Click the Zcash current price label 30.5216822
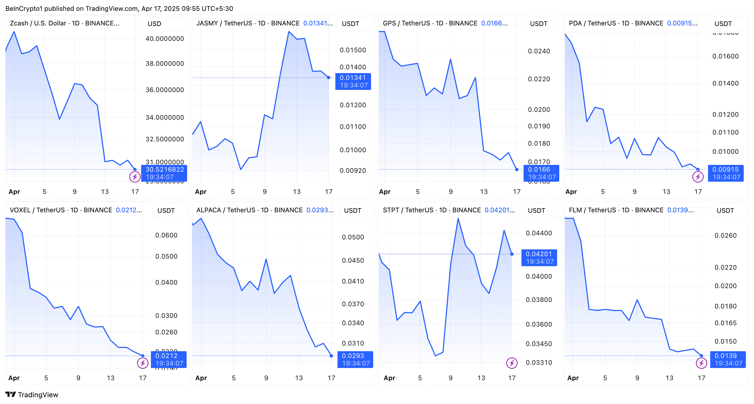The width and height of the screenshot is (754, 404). [164, 170]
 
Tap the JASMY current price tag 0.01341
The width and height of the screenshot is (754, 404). [353, 78]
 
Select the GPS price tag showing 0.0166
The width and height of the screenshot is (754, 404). [539, 170]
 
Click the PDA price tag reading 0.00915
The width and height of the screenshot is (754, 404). [725, 170]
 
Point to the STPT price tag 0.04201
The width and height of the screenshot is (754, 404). [538, 254]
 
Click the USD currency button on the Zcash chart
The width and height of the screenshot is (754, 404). [154, 24]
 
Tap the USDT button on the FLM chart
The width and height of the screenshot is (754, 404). [725, 211]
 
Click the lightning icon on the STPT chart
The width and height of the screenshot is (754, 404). [512, 363]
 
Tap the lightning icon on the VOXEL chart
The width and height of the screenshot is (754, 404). [143, 363]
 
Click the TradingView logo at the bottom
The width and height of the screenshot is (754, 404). [32, 395]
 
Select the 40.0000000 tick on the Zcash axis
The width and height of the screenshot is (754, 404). [165, 39]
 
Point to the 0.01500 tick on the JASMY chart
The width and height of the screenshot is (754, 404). [353, 50]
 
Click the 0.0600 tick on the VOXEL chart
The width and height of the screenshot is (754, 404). [166, 235]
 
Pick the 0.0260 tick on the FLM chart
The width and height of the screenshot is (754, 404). [725, 236]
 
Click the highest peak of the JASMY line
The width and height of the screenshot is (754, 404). [289, 32]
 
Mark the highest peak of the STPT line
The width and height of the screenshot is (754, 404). [458, 219]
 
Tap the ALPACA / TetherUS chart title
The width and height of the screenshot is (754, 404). [249, 210]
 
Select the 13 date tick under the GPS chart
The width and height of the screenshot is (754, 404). [484, 192]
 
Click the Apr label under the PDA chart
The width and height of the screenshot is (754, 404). [571, 192]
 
